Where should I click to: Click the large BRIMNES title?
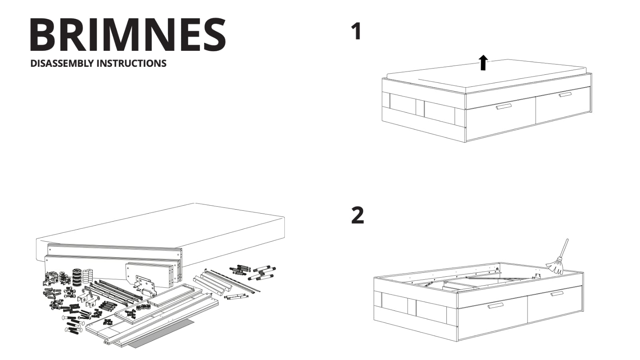(128, 34)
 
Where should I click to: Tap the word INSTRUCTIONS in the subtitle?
(132, 64)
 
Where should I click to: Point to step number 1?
(356, 32)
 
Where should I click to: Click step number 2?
(358, 215)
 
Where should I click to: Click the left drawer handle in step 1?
(504, 106)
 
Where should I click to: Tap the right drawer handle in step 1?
(566, 94)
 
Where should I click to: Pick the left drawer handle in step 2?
(496, 306)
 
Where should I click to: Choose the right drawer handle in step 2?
(557, 294)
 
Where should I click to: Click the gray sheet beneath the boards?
(162, 334)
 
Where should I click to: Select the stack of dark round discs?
(76, 277)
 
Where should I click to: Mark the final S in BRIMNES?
(214, 34)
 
